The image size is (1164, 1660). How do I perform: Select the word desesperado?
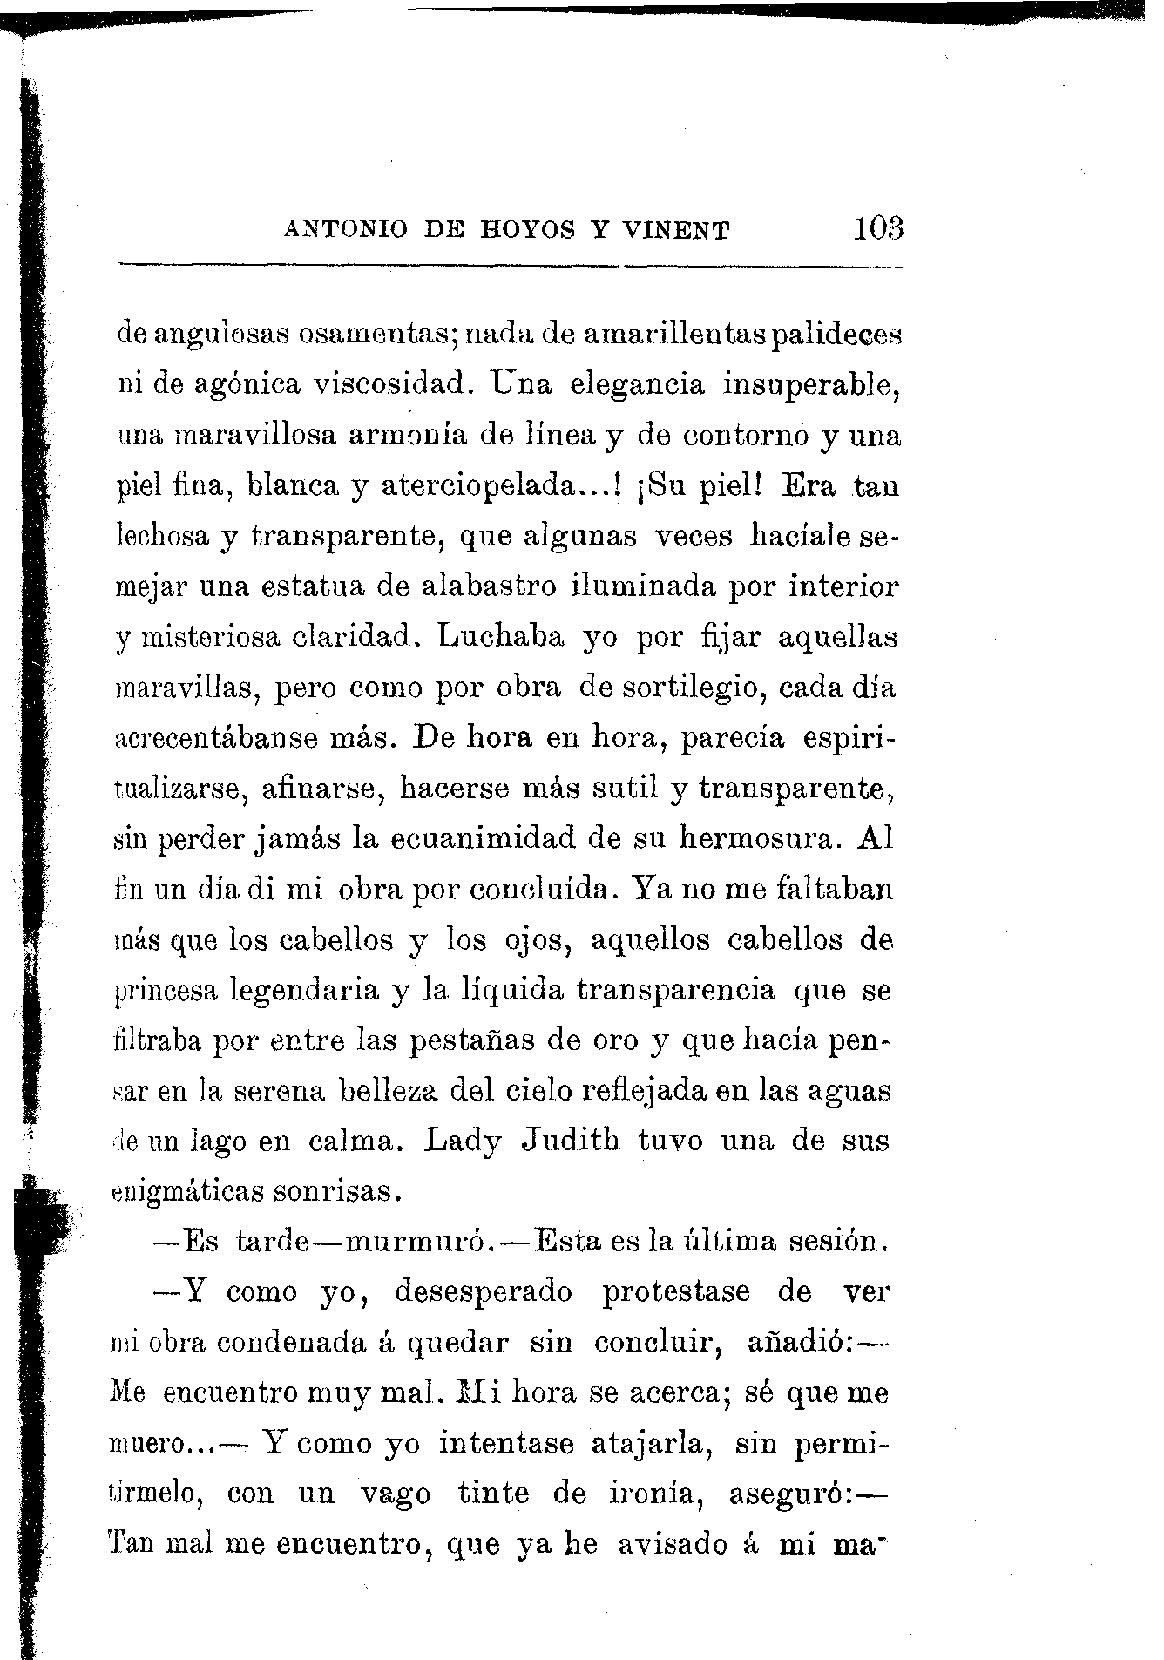(x=484, y=1292)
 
